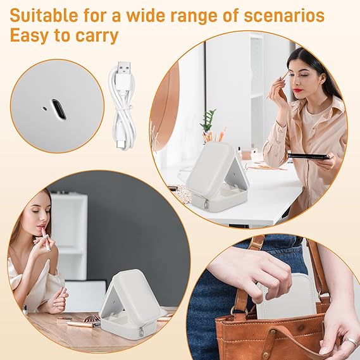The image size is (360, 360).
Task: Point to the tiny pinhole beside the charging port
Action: (44, 108)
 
